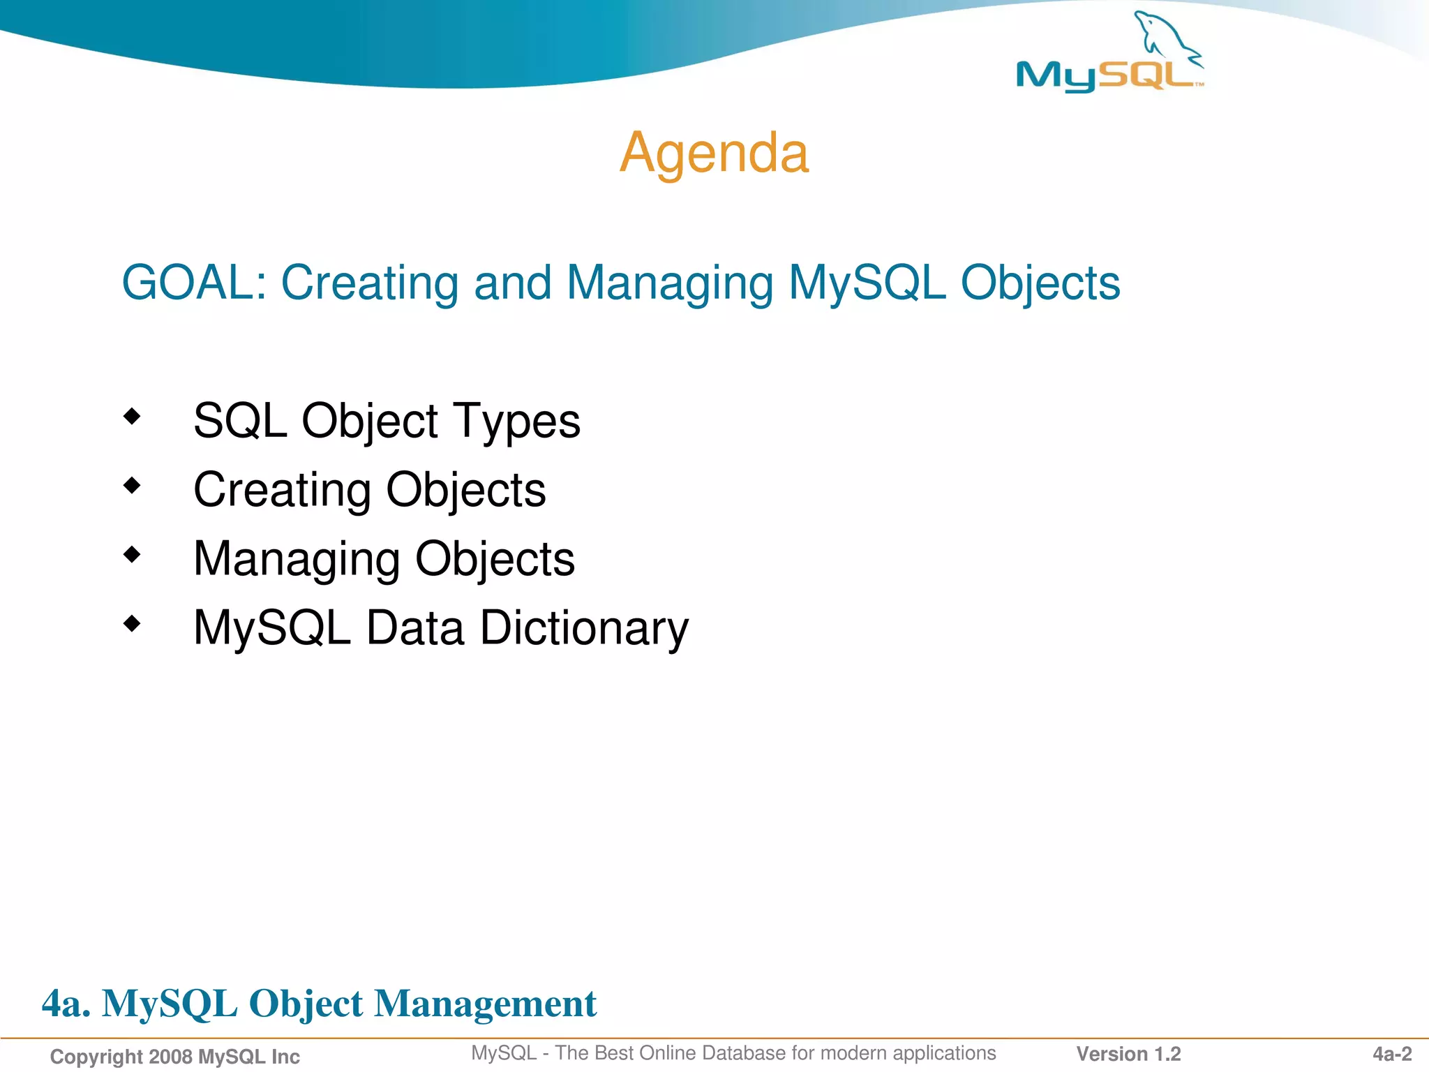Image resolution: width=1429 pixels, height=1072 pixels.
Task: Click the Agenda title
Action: click(714, 153)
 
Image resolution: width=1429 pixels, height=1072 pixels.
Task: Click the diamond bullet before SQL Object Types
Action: click(132, 417)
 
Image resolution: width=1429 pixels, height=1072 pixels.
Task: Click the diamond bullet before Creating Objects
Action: click(132, 485)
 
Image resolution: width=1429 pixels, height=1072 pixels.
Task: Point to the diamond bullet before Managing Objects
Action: click(132, 555)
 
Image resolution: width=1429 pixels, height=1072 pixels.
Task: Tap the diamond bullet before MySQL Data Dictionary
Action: click(132, 623)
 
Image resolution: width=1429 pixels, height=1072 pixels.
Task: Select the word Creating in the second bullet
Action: click(282, 491)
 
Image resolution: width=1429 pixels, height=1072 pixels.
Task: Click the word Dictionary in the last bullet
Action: click(584, 629)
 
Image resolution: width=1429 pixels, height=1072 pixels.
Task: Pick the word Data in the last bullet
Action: click(415, 627)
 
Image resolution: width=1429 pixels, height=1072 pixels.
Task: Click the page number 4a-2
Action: click(1392, 1054)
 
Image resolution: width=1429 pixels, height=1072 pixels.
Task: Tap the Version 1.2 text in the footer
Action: click(1128, 1054)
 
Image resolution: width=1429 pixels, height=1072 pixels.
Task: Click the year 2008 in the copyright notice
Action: click(171, 1057)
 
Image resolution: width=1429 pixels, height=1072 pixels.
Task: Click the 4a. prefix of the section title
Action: click(66, 1004)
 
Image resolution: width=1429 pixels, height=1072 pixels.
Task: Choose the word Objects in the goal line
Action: click(1040, 283)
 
